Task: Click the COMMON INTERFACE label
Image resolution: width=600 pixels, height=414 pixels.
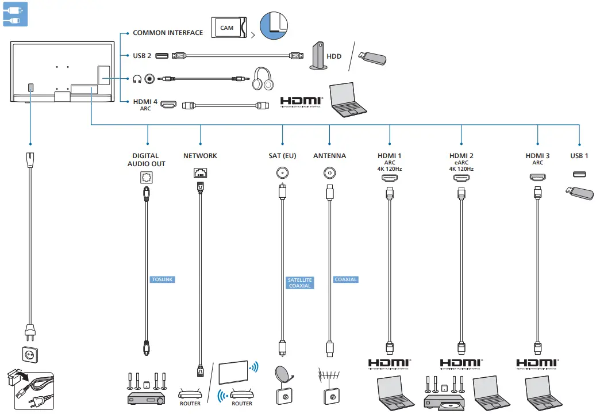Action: point(168,33)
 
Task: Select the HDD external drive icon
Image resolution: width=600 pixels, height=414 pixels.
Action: point(318,56)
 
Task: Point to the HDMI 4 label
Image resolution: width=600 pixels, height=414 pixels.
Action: point(145,102)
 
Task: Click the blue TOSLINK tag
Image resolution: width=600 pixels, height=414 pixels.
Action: point(162,279)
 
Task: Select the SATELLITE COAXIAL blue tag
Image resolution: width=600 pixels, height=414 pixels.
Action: point(299,282)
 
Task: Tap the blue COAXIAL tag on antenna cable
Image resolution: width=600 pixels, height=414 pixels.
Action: point(345,279)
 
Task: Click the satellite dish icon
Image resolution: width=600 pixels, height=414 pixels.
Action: point(284,378)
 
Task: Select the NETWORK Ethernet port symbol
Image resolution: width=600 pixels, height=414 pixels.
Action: point(200,172)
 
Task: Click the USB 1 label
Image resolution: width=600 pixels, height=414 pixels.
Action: point(579,156)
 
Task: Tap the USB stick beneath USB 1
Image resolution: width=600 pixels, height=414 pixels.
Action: point(580,194)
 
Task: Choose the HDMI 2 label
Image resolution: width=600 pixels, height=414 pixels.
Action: point(461,156)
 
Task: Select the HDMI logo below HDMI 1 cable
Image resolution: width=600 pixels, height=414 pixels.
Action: point(390,363)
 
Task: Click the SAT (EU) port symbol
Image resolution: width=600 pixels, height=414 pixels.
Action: point(282,172)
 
